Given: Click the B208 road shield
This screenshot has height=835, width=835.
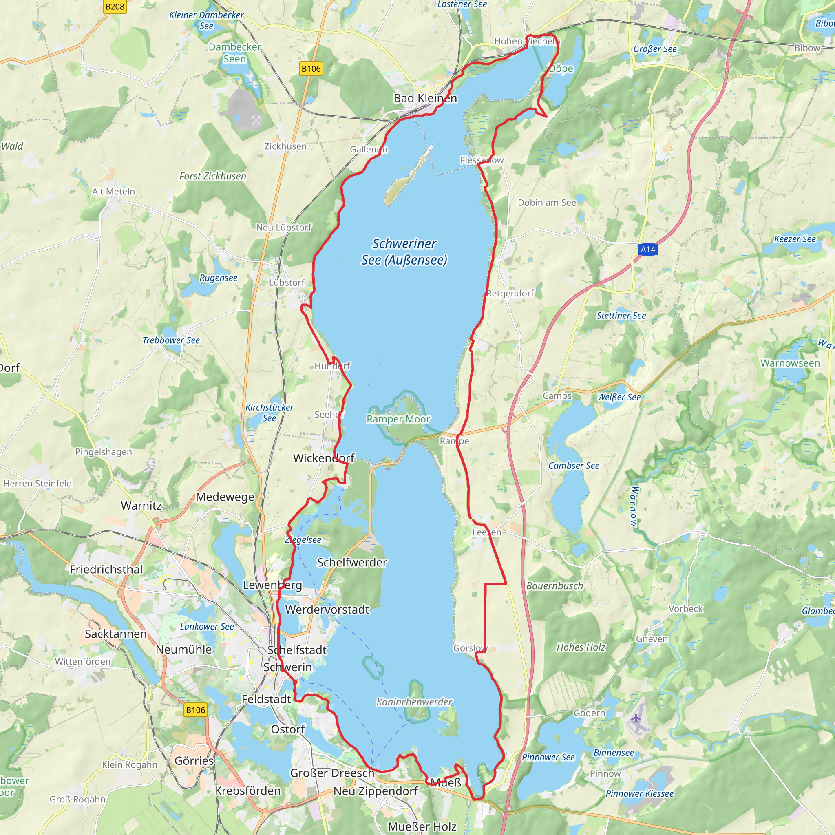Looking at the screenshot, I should (x=115, y=7).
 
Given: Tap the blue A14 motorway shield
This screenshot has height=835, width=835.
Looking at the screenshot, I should (x=648, y=250).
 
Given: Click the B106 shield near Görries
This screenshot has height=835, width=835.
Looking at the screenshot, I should (x=195, y=710).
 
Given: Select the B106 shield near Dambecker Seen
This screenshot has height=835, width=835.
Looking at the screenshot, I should (x=311, y=69).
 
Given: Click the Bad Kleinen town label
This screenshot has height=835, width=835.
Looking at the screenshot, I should (x=425, y=99).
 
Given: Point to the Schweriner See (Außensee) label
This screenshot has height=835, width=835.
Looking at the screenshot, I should (x=404, y=252).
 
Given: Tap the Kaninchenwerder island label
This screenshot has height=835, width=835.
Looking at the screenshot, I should (x=414, y=702).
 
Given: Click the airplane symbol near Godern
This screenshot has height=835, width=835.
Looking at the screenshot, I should (x=636, y=718).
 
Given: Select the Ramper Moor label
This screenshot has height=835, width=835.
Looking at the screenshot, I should (x=398, y=419).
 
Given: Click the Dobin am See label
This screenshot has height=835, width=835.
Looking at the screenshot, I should (x=547, y=203).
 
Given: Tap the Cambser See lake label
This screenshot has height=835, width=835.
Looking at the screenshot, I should (x=574, y=466).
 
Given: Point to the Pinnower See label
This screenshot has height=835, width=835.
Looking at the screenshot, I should (x=548, y=757).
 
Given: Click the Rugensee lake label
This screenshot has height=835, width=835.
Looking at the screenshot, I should (x=218, y=278).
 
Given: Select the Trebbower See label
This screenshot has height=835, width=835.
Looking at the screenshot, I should (x=171, y=340).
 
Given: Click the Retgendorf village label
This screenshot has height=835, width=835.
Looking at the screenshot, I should (x=510, y=294).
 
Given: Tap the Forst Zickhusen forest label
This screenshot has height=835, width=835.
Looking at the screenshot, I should (x=213, y=176).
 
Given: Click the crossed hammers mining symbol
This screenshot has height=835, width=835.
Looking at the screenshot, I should (x=256, y=120).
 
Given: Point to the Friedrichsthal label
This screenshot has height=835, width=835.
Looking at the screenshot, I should (x=106, y=570).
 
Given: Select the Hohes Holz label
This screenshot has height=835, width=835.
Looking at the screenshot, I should (x=581, y=647).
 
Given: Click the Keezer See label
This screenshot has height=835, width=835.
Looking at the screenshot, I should (x=794, y=239).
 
